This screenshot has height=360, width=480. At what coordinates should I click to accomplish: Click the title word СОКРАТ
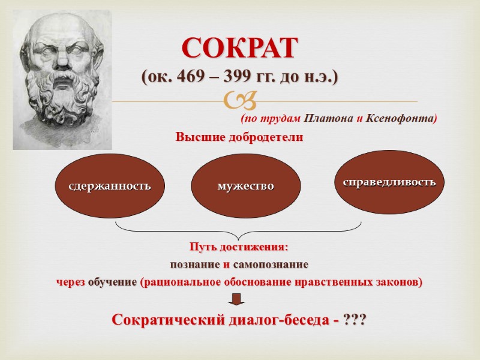[x=239, y=49]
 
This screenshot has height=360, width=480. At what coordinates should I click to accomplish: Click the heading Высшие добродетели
[x=239, y=137]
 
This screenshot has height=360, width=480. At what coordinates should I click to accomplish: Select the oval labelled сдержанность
[x=110, y=186]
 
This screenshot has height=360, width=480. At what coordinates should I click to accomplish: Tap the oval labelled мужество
[x=245, y=186]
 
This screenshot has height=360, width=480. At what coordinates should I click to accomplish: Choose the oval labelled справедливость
[x=389, y=182]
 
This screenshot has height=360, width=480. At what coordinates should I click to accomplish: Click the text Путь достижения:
[x=239, y=247]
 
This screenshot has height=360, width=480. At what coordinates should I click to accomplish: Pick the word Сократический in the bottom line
[x=166, y=320]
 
